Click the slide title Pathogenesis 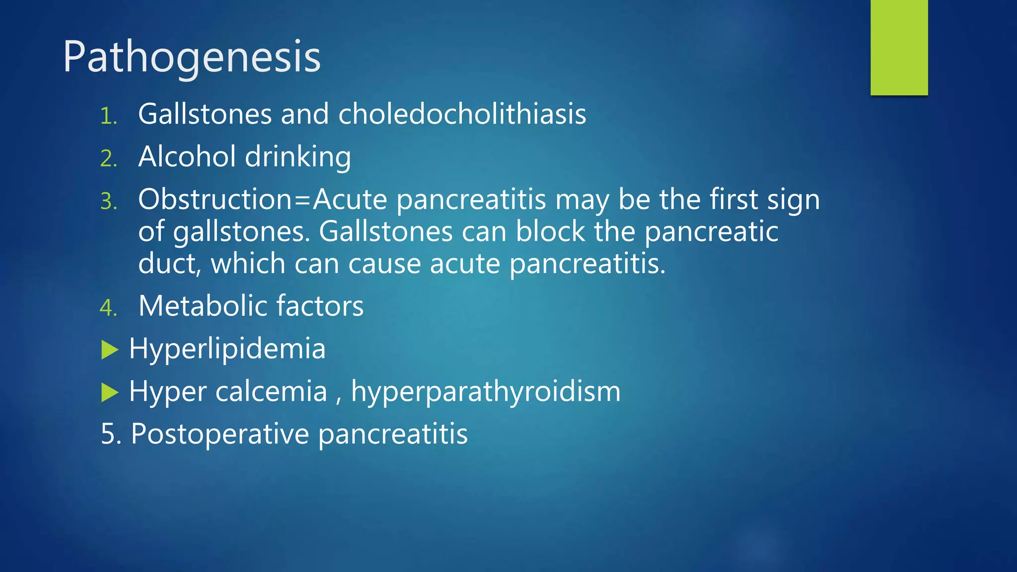click(x=192, y=57)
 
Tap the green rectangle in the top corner click(x=899, y=47)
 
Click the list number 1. click(x=108, y=116)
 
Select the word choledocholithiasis click(x=462, y=114)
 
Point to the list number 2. click(x=108, y=159)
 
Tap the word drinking click(x=298, y=157)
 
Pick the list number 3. click(x=108, y=202)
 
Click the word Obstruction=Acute click(x=262, y=200)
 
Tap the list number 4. click(x=108, y=308)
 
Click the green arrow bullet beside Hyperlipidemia click(x=110, y=350)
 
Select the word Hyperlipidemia click(x=227, y=349)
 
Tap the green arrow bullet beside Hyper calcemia click(x=110, y=392)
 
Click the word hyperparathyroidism click(x=486, y=392)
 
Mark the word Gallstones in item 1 click(x=205, y=114)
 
